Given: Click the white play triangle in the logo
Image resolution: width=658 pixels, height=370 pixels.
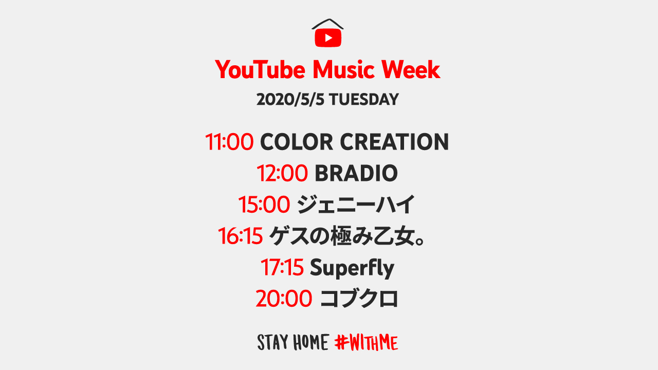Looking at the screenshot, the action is click(x=328, y=38).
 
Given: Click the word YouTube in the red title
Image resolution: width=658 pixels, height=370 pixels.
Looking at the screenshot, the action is click(x=260, y=69).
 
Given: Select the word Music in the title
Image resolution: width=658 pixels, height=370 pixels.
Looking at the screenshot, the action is click(x=343, y=69).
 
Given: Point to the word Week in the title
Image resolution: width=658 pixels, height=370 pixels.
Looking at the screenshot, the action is click(x=411, y=69).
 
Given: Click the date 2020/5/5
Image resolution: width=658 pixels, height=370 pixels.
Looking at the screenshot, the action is click(x=290, y=100).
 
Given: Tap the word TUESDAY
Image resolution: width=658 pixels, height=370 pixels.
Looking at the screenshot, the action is click(x=363, y=100).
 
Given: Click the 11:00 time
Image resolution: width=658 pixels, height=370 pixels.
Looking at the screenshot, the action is click(x=229, y=142).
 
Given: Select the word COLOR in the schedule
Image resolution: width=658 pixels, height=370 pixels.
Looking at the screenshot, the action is click(x=297, y=142).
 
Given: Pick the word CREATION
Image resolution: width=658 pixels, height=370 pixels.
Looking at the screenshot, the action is click(x=394, y=142).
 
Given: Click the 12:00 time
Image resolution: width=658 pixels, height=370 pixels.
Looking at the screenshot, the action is click(x=282, y=173).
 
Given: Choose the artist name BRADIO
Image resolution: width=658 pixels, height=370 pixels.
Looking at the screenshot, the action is click(x=356, y=173).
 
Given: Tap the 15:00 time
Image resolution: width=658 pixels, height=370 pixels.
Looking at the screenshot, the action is click(x=264, y=205).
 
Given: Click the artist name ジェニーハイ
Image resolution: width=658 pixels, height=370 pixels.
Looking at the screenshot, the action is click(x=356, y=205).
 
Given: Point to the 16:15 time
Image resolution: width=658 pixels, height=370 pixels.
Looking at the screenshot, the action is click(x=240, y=236).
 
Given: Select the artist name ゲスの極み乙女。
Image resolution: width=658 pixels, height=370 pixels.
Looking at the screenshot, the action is click(x=347, y=236).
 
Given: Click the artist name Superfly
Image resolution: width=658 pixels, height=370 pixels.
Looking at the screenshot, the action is click(x=352, y=268).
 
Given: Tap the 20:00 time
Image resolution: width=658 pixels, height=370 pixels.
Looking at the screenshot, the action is click(x=284, y=299).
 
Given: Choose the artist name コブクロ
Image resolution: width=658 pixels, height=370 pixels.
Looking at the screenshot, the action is click(x=359, y=299).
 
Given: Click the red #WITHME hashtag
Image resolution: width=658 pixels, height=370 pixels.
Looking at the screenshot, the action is click(x=366, y=342).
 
